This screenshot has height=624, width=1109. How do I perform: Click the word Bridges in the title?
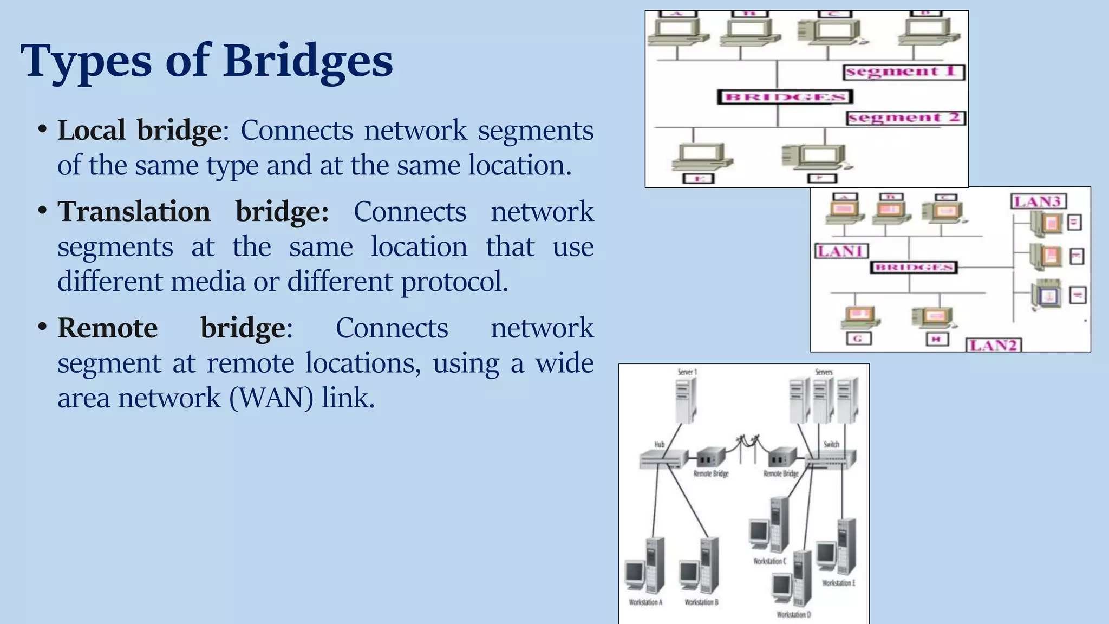click(x=308, y=61)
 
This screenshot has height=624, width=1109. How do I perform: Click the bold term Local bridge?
click(x=139, y=131)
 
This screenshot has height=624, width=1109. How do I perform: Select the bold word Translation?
click(x=134, y=212)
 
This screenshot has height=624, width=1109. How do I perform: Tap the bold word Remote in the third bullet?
click(x=107, y=328)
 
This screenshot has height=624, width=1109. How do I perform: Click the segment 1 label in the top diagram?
click(x=903, y=72)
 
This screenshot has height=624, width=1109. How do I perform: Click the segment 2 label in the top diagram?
click(x=905, y=118)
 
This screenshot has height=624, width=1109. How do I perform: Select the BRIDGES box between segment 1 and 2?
click(x=785, y=97)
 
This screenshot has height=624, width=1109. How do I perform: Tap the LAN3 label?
click(x=1038, y=201)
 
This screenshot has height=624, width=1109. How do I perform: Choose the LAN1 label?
click(x=841, y=251)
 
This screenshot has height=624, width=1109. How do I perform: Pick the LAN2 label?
click(x=993, y=345)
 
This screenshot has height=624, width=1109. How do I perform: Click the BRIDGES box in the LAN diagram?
click(x=914, y=268)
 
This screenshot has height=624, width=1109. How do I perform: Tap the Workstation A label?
click(x=645, y=602)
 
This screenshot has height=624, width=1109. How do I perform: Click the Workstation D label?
click(x=794, y=615)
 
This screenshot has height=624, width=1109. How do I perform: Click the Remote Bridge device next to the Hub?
click(x=710, y=458)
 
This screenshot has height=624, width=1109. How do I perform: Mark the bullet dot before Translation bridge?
click(x=42, y=210)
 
